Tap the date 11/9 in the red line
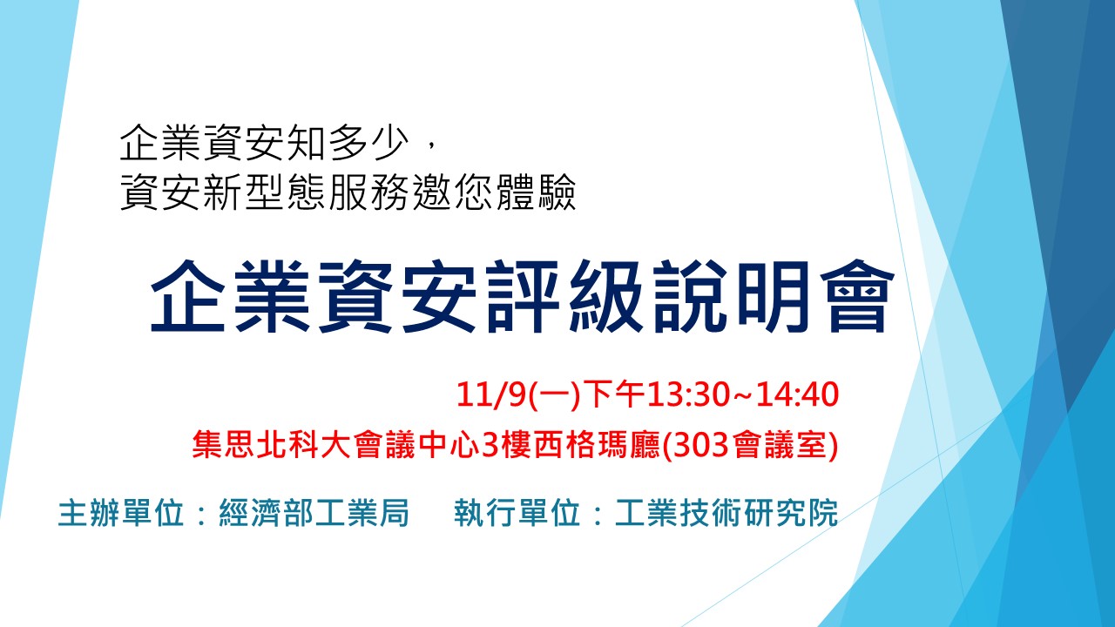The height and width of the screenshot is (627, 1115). (x=490, y=394)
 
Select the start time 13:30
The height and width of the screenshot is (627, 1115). (x=688, y=394)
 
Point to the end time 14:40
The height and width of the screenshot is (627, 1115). (x=797, y=394)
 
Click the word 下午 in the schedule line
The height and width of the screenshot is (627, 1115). (x=614, y=394)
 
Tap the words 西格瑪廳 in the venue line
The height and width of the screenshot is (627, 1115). (x=598, y=444)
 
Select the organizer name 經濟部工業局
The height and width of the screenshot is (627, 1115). (x=314, y=512)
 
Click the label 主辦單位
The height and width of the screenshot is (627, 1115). (x=121, y=512)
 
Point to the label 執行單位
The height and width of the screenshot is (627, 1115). (x=517, y=512)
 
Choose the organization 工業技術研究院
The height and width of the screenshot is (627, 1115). (x=726, y=512)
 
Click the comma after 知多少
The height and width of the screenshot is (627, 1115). (x=431, y=145)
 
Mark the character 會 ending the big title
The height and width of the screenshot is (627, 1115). (x=856, y=296)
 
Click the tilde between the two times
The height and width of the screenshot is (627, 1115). (x=742, y=395)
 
